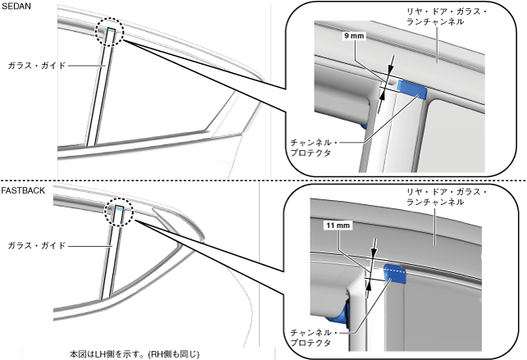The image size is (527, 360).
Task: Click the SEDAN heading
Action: coord(16,7)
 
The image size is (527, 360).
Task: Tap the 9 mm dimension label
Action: coord(354,37)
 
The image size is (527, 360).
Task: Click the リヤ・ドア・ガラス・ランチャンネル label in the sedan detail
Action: coord(428,16)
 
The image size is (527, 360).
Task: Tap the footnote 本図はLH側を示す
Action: coord(135,353)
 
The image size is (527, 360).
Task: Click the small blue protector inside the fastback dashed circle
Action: coord(120,210)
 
